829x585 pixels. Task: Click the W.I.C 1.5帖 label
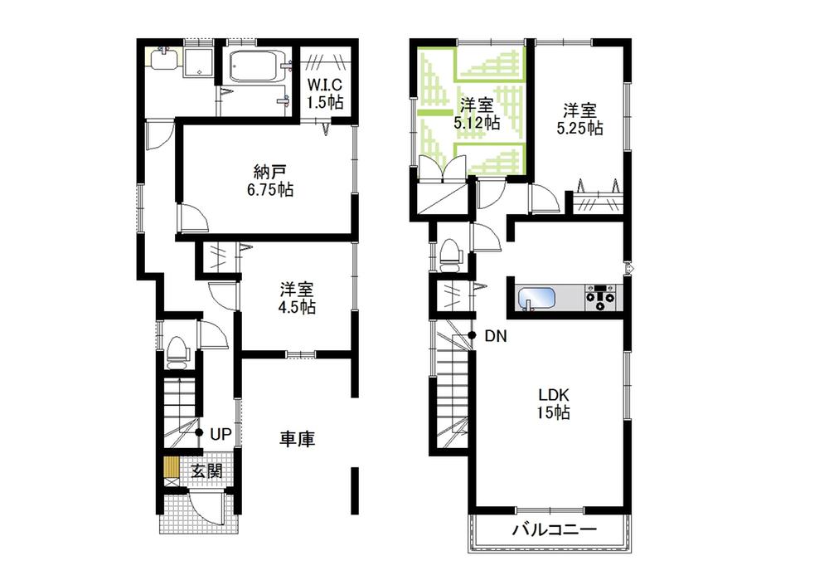pos(324,93)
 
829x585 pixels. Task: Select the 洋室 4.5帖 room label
pos(296,298)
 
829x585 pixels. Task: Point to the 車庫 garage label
pos(296,439)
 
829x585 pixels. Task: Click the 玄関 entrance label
pos(206,470)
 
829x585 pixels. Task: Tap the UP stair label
pos(220,433)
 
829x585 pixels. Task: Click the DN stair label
pos(496,336)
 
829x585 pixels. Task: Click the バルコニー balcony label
pos(554,530)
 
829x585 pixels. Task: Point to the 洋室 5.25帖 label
pos(579,119)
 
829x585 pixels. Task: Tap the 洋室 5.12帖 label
pos(476,114)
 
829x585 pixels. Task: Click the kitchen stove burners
pos(599,296)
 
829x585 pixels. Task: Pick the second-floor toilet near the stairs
pos(450,253)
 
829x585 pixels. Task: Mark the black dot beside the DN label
pos(471,335)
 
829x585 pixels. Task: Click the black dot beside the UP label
pos(199,433)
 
